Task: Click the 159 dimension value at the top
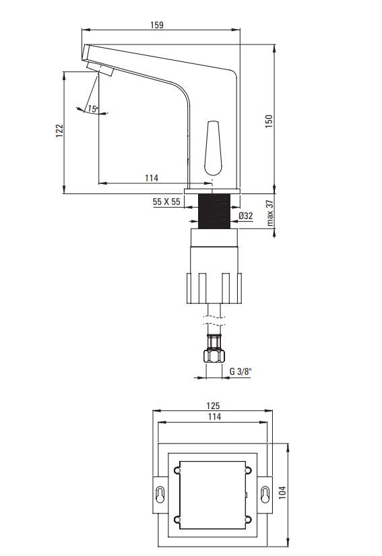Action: pyautogui.click(x=156, y=25)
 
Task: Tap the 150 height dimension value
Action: pyautogui.click(x=269, y=121)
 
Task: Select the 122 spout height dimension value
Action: pyautogui.click(x=59, y=131)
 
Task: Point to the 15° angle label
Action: pyautogui.click(x=93, y=109)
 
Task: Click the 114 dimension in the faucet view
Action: pyautogui.click(x=152, y=178)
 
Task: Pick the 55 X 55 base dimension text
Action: pyautogui.click(x=166, y=202)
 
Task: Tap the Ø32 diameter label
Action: pyautogui.click(x=245, y=215)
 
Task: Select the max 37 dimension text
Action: pyautogui.click(x=270, y=213)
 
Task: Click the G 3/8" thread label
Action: pyautogui.click(x=241, y=371)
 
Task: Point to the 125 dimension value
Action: pyautogui.click(x=213, y=405)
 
